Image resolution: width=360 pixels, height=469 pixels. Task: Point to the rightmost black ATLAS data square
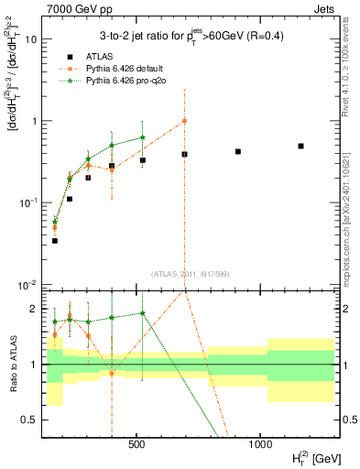[300, 146]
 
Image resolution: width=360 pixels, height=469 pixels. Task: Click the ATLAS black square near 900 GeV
[238, 151]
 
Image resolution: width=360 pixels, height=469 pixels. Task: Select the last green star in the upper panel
[142, 137]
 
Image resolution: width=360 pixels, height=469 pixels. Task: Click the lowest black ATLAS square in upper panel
[55, 240]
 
